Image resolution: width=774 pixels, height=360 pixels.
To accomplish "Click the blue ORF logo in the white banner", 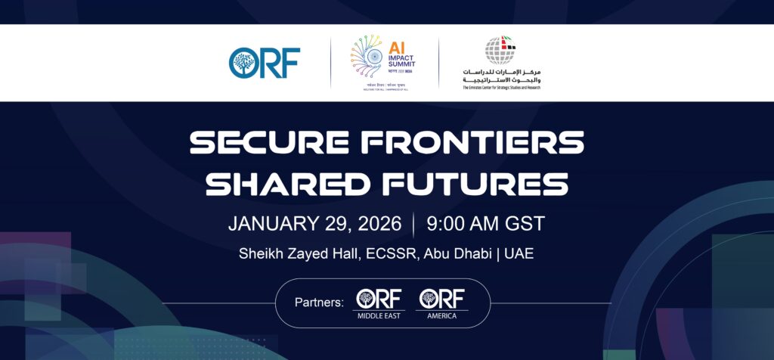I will pyautogui.click(x=265, y=63).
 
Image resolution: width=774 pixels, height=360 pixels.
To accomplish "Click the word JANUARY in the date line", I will pyautogui.click(x=271, y=224).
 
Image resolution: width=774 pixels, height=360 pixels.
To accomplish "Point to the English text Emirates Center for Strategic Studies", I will pyautogui.click(x=502, y=87).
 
